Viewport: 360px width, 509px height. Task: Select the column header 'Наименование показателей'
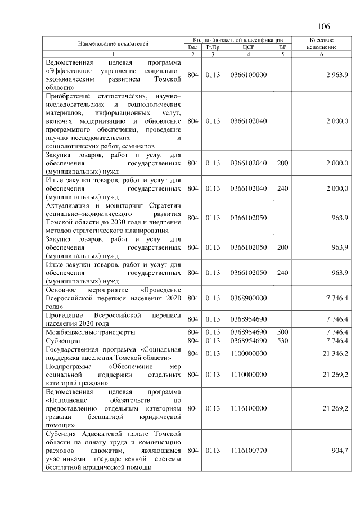pyautogui.click(x=113, y=43)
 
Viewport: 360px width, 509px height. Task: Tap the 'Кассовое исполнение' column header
pyautogui.click(x=322, y=43)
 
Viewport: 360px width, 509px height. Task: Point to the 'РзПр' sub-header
pyautogui.click(x=213, y=47)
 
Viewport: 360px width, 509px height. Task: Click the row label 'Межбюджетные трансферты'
pyautogui.click(x=89, y=332)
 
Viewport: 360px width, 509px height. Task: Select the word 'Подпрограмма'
pyautogui.click(x=69, y=366)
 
